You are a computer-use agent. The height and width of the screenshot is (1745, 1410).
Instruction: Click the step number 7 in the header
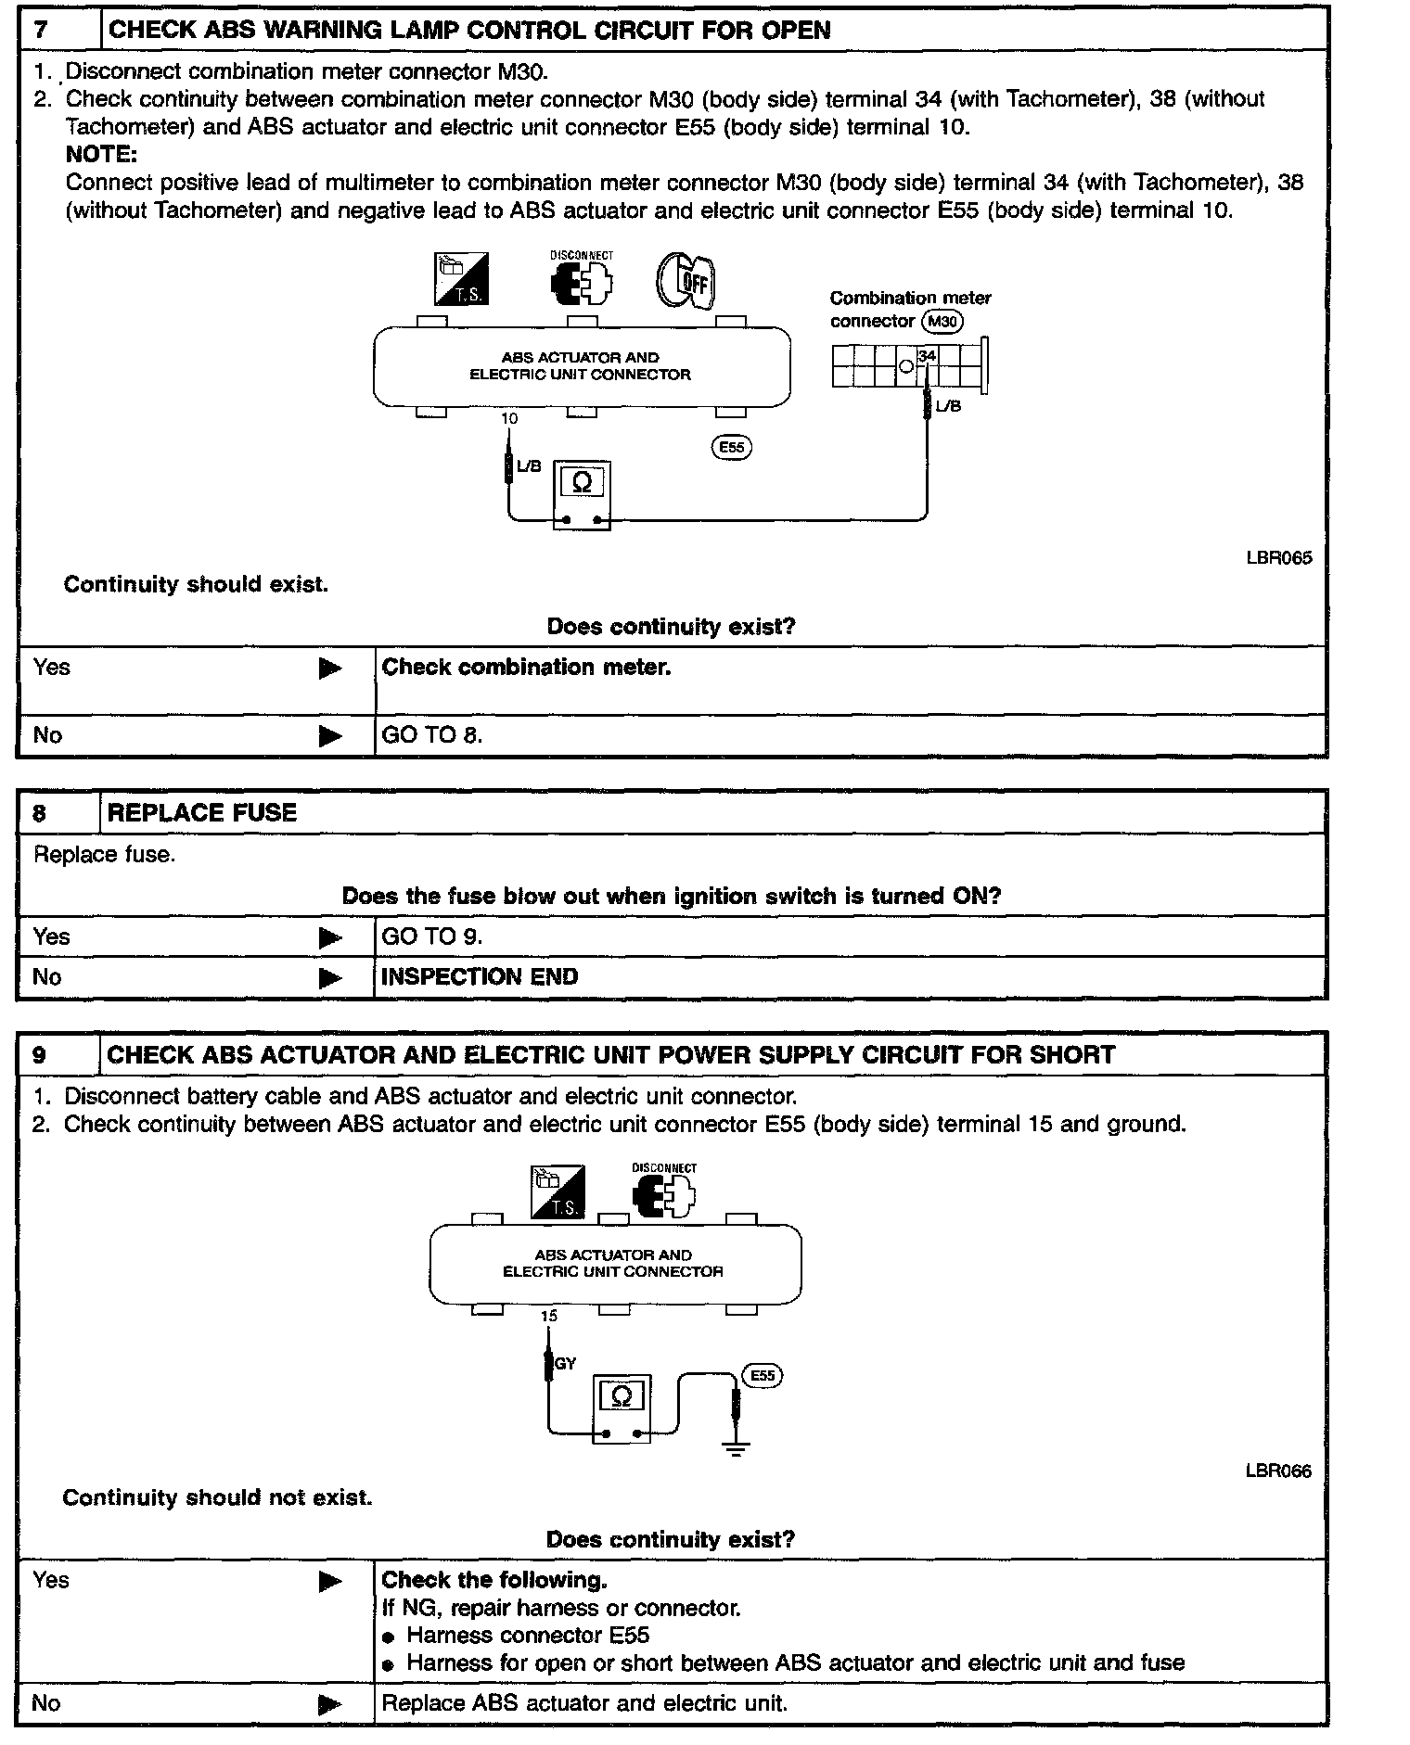click(x=41, y=30)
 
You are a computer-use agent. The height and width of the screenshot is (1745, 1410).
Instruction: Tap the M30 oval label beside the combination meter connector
click(x=942, y=322)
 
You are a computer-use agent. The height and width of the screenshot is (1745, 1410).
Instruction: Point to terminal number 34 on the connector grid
click(x=927, y=356)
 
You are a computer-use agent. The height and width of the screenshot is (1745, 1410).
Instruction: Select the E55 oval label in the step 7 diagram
click(x=731, y=447)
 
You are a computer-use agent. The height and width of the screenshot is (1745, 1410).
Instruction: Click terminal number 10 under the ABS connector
click(x=509, y=419)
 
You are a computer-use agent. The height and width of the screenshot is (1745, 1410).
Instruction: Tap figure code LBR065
click(x=1279, y=558)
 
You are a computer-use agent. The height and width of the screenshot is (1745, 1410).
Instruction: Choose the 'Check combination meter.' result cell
click(x=526, y=668)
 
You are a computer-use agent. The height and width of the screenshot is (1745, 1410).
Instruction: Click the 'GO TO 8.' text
click(x=432, y=735)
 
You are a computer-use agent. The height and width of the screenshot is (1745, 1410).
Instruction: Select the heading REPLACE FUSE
click(x=202, y=813)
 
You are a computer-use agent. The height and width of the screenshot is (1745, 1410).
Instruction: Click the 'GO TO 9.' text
click(x=432, y=936)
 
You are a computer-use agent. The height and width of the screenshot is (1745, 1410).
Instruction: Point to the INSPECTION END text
click(x=480, y=977)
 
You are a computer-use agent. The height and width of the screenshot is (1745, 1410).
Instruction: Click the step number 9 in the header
click(x=39, y=1055)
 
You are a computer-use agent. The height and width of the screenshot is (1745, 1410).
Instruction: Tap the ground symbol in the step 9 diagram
click(x=736, y=1449)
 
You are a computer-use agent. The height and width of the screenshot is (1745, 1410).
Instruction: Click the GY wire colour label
click(x=565, y=1364)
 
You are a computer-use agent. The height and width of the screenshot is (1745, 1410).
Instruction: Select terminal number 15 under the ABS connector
click(x=549, y=1316)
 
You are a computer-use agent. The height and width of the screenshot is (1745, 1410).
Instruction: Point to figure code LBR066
click(x=1278, y=1471)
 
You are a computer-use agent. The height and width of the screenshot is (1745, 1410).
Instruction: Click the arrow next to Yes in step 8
click(x=329, y=937)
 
